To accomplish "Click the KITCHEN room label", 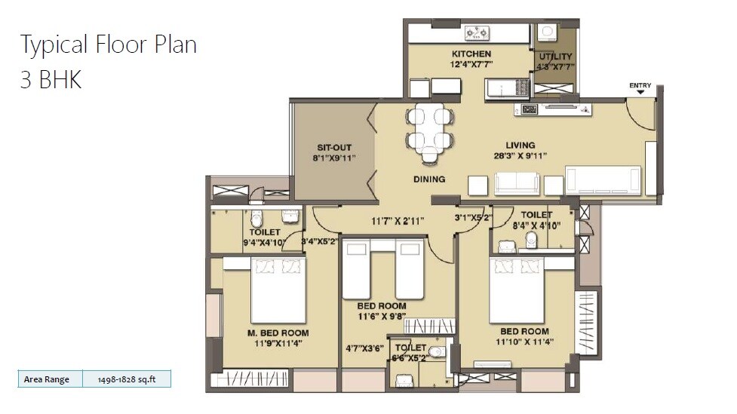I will click(471, 54).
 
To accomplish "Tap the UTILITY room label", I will click(555, 57).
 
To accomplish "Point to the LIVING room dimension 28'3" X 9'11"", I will click(521, 156).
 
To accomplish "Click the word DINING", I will click(429, 179).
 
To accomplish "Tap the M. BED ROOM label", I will click(278, 333).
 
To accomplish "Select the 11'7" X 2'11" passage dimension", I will click(397, 221).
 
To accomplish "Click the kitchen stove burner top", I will click(477, 32).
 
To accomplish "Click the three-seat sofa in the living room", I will click(517, 183).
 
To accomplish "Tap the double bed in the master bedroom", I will click(278, 290).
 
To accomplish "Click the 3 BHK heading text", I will click(51, 80).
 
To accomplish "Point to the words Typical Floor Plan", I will click(108, 44).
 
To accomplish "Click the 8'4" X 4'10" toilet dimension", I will click(537, 225).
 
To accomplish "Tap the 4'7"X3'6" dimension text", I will click(361, 349).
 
